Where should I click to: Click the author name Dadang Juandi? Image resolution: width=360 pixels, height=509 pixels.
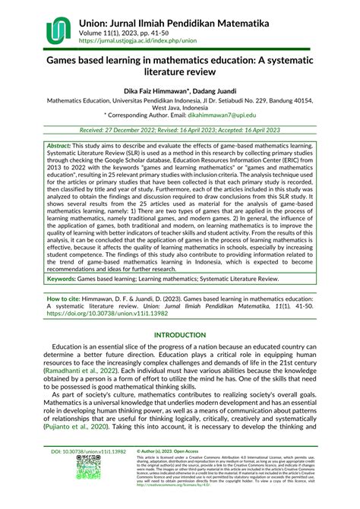[x=219, y=90]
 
